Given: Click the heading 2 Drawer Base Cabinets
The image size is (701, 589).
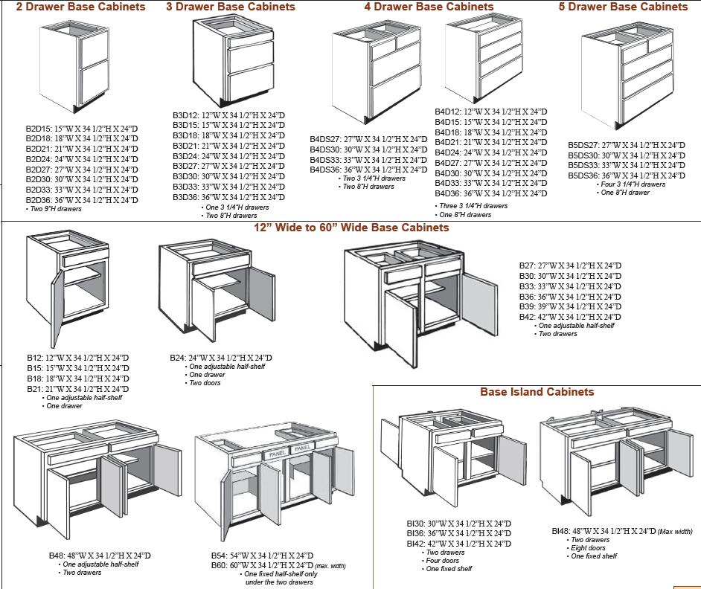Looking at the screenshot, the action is pos(80,7).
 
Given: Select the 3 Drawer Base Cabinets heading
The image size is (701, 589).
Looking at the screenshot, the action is pos(231,7).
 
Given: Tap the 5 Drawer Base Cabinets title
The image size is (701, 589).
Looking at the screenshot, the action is pos(624,7).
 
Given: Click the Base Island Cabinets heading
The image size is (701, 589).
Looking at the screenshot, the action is pos(537,392).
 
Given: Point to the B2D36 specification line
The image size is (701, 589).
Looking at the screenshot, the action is pos(82,200).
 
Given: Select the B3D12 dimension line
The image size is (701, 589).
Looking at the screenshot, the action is pos(228,115).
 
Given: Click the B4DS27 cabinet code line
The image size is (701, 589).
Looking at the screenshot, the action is pos(368,139).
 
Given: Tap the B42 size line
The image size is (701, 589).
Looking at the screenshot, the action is pos(570,317).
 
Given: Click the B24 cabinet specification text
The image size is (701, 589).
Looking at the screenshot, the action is pos(220,358).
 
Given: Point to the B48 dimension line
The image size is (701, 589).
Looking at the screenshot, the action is pos(100,556).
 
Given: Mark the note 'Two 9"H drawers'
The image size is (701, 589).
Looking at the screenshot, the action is pos(55,209).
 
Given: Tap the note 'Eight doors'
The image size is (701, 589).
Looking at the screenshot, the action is pos(588,548).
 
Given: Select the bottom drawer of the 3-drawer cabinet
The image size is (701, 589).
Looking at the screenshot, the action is pos(251,84).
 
